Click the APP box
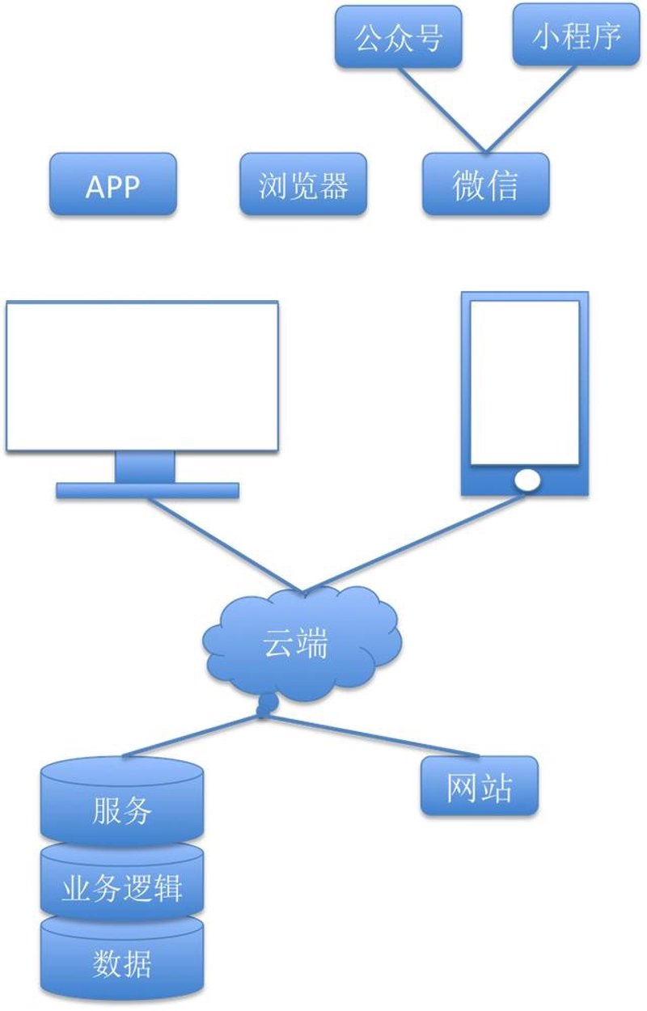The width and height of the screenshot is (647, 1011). point(112,184)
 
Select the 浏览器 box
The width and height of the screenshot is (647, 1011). point(303,184)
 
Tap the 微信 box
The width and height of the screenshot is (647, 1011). point(485,184)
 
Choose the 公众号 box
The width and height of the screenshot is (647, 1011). point(398,36)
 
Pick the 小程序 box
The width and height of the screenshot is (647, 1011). point(576,35)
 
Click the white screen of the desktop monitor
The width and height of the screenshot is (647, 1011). point(142,376)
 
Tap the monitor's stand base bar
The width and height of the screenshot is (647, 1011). point(147,491)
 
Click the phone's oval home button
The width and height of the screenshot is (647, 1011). point(526,480)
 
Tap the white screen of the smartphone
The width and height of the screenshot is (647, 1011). point(525,383)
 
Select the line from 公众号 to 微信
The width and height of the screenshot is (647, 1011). point(442,110)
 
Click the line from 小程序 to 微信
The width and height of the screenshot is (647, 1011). point(531,109)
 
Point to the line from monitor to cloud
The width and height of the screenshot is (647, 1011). point(225,544)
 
